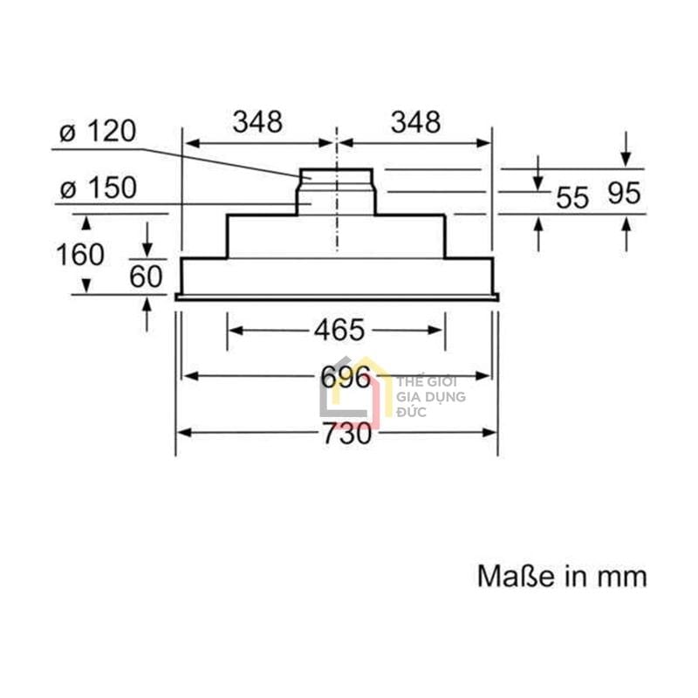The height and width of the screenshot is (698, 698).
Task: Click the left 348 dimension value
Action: [257, 122]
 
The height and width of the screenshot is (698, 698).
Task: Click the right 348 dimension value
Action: [415, 122]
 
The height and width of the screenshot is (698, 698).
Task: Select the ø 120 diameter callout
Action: [98, 132]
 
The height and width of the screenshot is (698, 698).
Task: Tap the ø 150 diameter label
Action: [98, 188]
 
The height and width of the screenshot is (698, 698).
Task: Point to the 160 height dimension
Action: [79, 255]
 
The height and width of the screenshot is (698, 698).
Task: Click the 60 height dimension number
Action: [146, 277]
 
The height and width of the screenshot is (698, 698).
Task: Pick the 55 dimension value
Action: [572, 197]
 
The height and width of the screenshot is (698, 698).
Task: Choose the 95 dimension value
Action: [624, 194]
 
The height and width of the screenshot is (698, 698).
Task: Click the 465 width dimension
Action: [337, 331]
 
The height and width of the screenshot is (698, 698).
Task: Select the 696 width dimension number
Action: [337, 377]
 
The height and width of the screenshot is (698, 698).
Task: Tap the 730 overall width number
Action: [337, 433]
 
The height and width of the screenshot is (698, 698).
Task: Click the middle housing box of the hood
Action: [337, 236]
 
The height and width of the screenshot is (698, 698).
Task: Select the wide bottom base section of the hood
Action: [337, 277]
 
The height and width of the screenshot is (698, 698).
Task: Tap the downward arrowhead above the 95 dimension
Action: [626, 160]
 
